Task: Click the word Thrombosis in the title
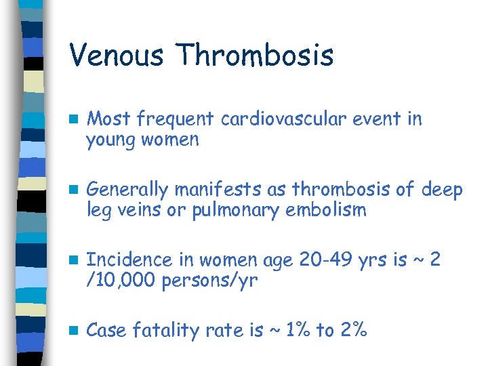[x=256, y=55]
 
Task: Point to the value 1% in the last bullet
[x=298, y=331]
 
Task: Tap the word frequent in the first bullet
[x=176, y=120]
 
